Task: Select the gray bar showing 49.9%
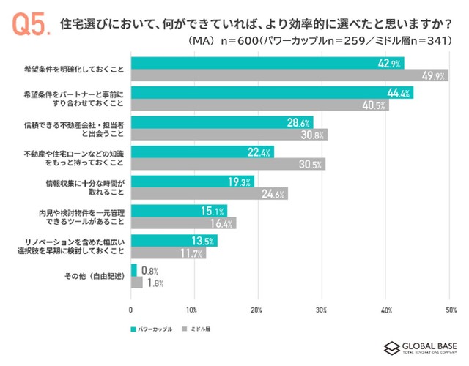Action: point(289,75)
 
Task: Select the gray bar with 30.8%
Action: point(229,135)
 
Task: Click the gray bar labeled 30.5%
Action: point(227,164)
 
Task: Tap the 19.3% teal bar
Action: point(192,182)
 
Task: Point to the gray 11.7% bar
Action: point(168,253)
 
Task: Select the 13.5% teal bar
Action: point(174,241)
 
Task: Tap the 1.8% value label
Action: point(155,283)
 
